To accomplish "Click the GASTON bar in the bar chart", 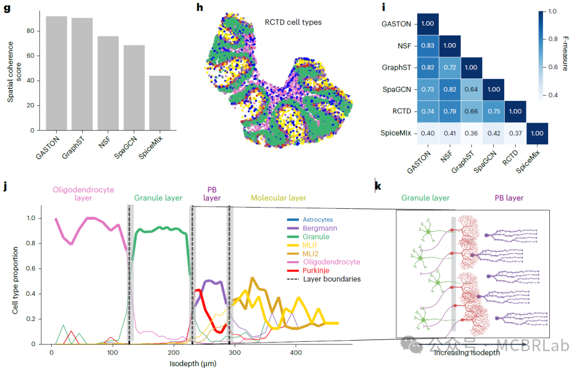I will [56, 74].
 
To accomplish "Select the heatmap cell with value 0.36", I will [471, 133].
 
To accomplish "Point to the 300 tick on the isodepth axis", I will [234, 353].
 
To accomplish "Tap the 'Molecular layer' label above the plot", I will [278, 198].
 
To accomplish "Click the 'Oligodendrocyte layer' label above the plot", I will [83, 194].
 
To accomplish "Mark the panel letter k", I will [378, 187].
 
